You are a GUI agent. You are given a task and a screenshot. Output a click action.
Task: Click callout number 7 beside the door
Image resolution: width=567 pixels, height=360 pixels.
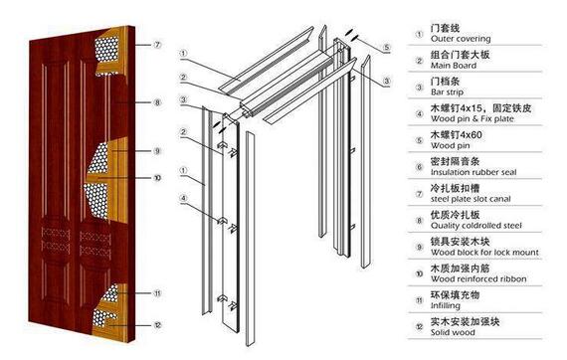(157, 45)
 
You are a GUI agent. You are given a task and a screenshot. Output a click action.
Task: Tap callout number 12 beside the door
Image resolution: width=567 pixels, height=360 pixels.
(157, 325)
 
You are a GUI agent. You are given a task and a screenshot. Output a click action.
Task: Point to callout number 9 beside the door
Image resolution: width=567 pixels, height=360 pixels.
(157, 151)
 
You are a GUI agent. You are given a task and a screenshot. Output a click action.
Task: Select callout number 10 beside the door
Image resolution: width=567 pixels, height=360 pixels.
(157, 178)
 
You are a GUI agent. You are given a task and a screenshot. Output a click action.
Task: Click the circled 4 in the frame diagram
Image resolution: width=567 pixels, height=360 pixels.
(184, 198)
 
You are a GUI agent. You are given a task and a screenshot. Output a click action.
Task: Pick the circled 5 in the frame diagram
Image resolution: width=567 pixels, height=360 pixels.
(387, 47)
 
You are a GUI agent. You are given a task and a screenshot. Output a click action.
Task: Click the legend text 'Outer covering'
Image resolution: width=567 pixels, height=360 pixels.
(461, 39)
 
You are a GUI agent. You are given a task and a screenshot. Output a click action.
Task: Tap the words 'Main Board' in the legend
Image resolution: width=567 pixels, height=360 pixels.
(454, 66)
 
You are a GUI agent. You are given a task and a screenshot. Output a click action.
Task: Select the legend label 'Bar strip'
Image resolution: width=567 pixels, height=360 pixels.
(447, 92)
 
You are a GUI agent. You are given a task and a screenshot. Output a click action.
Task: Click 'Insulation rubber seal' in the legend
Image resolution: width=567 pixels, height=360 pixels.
(473, 172)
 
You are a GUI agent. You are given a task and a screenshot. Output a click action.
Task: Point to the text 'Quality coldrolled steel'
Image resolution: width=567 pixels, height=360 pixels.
(475, 226)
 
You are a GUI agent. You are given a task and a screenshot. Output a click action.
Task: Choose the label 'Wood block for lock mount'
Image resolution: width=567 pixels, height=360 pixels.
(484, 253)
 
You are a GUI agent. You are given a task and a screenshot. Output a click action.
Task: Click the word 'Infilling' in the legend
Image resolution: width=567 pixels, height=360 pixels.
(445, 305)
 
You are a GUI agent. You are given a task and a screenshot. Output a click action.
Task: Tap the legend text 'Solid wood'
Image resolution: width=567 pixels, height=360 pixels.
(453, 332)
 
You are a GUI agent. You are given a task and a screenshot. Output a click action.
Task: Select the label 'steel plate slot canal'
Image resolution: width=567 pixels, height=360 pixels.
(471, 199)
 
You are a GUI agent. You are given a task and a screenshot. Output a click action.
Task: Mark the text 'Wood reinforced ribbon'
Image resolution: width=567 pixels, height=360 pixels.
(478, 279)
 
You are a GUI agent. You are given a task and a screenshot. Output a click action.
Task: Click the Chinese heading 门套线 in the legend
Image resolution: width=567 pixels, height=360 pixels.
(445, 28)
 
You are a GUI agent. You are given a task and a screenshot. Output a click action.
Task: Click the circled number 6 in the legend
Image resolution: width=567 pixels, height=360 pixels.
(419, 167)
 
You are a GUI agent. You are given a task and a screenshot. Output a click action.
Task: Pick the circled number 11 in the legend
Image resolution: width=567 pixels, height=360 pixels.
(419, 300)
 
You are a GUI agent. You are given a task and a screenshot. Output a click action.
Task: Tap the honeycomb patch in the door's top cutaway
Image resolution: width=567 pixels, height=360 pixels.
(106, 50)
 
